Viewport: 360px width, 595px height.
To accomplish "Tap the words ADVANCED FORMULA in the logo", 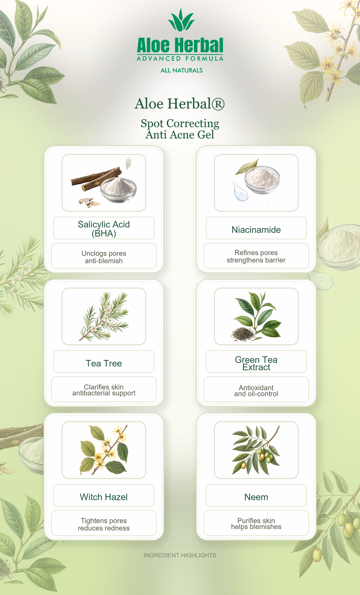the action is (180, 59).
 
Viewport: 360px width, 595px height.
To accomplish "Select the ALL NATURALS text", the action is (182, 70).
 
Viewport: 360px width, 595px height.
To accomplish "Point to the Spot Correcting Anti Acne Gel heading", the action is (180, 129).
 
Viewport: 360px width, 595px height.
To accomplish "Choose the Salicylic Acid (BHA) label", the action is (104, 229).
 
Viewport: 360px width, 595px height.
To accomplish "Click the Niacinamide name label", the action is (256, 230).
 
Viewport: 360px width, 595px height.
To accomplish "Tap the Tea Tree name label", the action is (104, 363).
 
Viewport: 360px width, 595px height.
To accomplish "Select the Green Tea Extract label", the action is (256, 363).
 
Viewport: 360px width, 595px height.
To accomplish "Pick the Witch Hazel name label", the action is (104, 497).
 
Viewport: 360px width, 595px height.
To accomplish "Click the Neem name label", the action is (256, 497).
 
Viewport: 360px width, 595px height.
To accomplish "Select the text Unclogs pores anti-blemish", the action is (104, 257).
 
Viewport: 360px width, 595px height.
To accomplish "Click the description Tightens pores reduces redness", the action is (104, 524).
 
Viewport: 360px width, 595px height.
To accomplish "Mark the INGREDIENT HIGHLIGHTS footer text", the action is (180, 555).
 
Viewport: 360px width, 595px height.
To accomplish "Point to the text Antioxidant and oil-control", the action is (256, 391).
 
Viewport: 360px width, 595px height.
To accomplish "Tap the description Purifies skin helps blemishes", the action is (256, 524).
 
